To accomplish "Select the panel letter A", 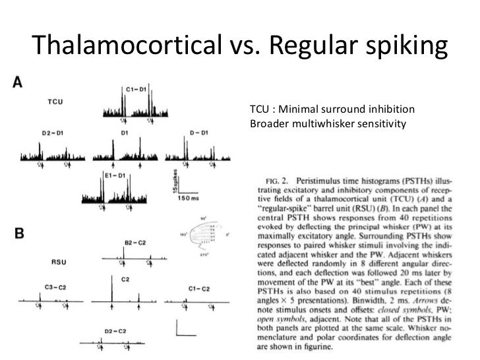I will tap(18, 82).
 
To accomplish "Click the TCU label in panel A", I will tap(55, 102).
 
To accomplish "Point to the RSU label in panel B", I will tap(60, 262).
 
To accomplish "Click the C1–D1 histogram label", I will tap(138, 88).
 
